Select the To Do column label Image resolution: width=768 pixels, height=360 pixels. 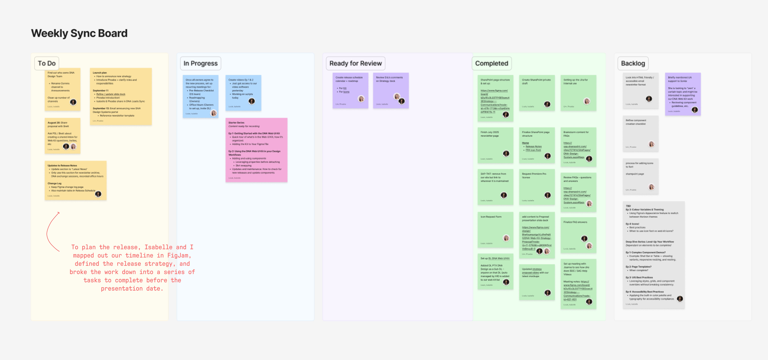click(47, 63)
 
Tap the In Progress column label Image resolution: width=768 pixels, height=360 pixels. click(200, 63)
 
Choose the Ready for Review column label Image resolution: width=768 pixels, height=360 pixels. click(355, 63)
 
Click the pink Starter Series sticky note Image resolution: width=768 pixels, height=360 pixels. click(256, 150)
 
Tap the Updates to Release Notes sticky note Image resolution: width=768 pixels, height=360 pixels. click(75, 180)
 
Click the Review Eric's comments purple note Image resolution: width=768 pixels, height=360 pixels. click(391, 90)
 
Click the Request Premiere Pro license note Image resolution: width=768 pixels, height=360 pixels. click(537, 187)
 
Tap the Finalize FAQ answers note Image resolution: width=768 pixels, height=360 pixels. click(578, 235)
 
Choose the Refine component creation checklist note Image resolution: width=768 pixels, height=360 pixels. click(640, 133)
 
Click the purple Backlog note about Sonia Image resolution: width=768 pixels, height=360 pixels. click(682, 94)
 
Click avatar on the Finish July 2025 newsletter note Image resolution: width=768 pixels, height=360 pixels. click(506, 153)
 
